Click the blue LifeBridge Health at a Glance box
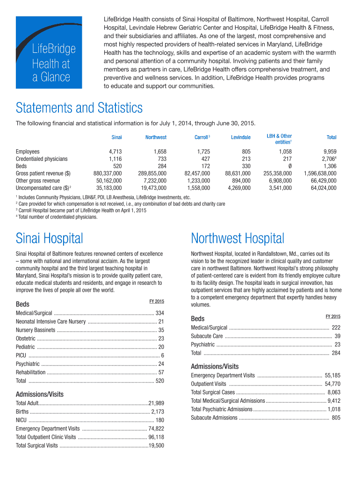(x=49, y=52)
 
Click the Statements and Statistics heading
(x=79, y=109)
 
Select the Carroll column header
(x=202, y=138)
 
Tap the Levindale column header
(x=240, y=138)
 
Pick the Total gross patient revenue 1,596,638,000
(x=320, y=173)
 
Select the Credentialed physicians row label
(x=42, y=159)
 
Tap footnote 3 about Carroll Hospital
(x=82, y=210)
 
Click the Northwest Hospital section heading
(x=238, y=239)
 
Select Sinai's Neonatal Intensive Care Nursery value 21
(x=161, y=321)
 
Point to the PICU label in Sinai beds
(x=21, y=356)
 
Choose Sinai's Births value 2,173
(x=158, y=412)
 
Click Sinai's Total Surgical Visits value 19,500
(x=156, y=446)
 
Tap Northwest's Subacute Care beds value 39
(x=337, y=336)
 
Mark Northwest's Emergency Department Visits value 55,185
(x=332, y=375)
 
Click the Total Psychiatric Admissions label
(x=222, y=409)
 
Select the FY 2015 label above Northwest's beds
(x=333, y=317)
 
